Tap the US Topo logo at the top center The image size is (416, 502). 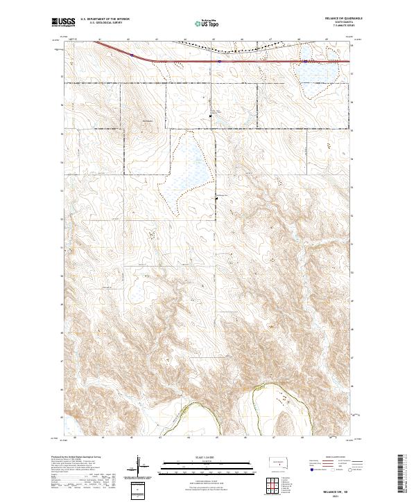tap(201, 23)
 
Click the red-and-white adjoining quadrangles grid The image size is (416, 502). tap(270, 484)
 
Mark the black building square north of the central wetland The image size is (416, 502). tap(213, 116)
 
